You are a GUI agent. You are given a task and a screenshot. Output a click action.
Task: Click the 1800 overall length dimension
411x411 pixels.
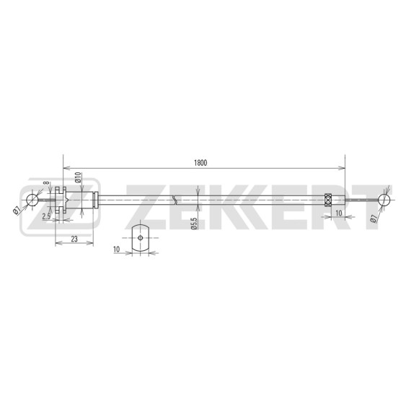(x=200, y=163)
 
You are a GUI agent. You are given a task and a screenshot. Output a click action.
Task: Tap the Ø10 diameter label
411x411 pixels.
(x=78, y=177)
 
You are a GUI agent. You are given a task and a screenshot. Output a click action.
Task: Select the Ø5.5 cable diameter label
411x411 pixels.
(x=194, y=223)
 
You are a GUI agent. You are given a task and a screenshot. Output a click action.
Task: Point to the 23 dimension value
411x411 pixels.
(x=74, y=239)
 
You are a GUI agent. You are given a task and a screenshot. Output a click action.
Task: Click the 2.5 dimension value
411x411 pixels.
(x=46, y=216)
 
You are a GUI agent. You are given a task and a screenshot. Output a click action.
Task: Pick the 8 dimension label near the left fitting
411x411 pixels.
(x=46, y=182)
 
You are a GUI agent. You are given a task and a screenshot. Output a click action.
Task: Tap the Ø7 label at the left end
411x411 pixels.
(x=17, y=211)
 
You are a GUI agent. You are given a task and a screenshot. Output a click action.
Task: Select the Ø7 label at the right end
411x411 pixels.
(x=374, y=218)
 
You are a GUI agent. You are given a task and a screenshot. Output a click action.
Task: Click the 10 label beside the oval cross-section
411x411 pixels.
(x=116, y=249)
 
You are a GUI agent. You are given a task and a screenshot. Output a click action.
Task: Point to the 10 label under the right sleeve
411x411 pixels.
(x=339, y=213)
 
